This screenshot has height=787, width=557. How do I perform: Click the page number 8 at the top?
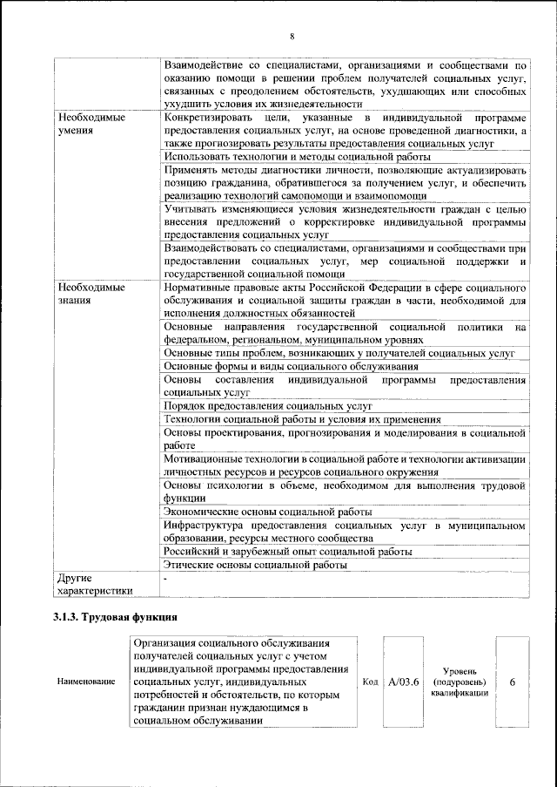[292, 36]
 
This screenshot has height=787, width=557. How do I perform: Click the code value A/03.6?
[404, 682]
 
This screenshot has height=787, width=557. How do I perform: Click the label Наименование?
[86, 682]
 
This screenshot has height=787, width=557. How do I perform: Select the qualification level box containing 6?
[513, 682]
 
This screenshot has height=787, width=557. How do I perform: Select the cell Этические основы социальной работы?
[256, 565]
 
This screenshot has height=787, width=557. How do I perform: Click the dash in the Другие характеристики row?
[165, 578]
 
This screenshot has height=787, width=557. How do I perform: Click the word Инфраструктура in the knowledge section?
[204, 526]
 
